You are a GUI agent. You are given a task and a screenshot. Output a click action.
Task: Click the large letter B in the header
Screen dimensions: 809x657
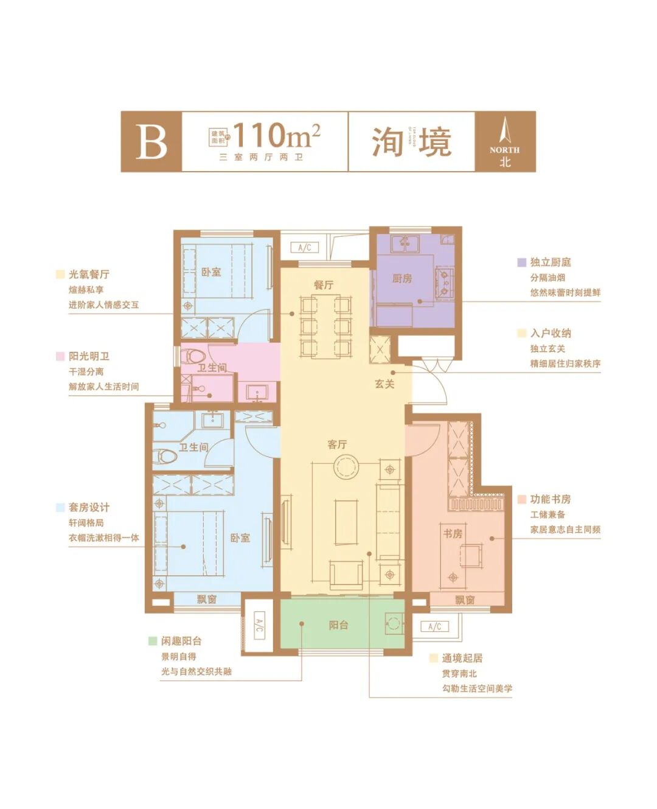(x=151, y=141)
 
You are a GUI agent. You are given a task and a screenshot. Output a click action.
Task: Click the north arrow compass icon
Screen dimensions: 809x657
(x=504, y=133)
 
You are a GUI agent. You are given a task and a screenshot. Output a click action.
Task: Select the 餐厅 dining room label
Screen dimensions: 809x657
(x=323, y=285)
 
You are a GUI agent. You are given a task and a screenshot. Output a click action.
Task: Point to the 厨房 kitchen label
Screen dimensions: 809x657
(x=401, y=278)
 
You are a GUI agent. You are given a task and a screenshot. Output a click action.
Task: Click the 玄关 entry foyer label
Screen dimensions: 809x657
(x=384, y=384)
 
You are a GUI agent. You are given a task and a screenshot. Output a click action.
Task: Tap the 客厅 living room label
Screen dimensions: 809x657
(x=337, y=444)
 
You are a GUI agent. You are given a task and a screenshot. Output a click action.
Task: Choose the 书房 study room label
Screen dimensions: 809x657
(x=453, y=533)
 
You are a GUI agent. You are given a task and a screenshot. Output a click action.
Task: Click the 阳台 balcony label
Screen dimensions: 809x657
(x=338, y=625)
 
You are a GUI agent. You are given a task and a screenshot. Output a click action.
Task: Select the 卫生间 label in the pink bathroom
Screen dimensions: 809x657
(x=211, y=368)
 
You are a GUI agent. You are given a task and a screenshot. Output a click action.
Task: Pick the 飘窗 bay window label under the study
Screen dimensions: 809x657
(x=465, y=600)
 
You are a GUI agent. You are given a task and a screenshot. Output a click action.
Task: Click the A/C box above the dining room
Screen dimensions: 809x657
(x=305, y=247)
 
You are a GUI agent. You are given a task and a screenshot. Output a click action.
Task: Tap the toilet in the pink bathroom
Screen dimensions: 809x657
(x=195, y=355)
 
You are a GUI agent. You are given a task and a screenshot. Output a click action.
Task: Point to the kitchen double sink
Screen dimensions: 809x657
(x=405, y=243)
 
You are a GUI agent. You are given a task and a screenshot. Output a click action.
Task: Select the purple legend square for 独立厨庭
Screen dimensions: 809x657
(x=521, y=262)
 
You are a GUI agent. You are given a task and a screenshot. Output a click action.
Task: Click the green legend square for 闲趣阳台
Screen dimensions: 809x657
(x=152, y=641)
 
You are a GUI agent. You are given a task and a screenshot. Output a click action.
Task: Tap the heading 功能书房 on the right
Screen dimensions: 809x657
(x=550, y=499)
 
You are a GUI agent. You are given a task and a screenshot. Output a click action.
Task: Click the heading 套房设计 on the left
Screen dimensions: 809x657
(x=89, y=507)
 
